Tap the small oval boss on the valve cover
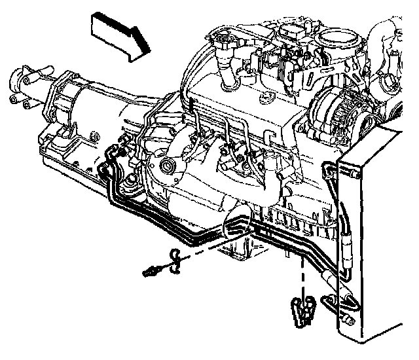click(x=266, y=98)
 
